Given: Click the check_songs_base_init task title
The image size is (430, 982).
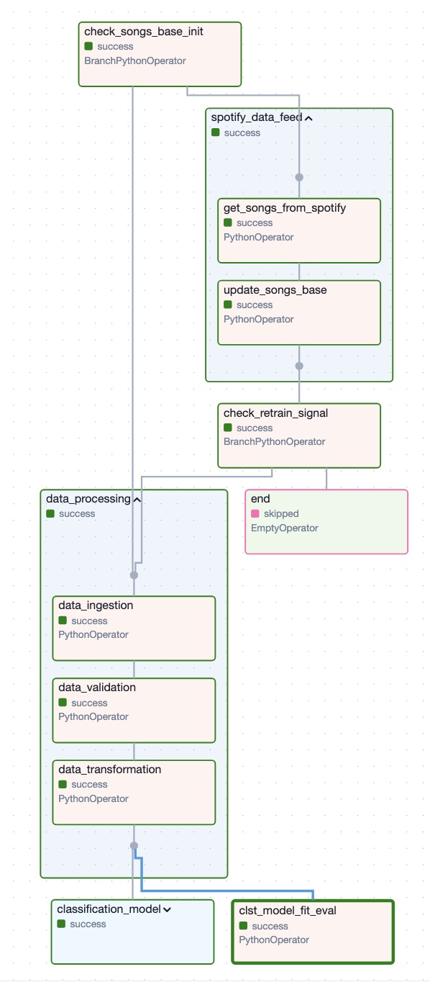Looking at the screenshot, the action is (144, 32).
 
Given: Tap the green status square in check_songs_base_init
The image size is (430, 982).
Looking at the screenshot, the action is (88, 46).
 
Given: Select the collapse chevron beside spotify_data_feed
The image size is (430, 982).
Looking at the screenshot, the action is (308, 118).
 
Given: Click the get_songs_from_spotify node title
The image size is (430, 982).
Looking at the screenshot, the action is (285, 208).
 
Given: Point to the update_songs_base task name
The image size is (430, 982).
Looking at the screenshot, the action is (275, 290).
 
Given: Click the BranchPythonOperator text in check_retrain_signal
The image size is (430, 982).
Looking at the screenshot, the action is (274, 442).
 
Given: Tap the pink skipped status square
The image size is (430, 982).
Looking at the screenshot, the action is (255, 513).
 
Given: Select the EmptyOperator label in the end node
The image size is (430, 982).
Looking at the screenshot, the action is (284, 528).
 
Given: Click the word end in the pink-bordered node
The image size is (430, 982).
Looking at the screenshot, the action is (260, 499).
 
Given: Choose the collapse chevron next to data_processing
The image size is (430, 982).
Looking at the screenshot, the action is (137, 500).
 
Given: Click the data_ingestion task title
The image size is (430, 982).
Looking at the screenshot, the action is (96, 605).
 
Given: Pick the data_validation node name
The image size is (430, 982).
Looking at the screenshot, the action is (97, 688).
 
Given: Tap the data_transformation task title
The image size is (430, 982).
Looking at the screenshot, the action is (109, 770).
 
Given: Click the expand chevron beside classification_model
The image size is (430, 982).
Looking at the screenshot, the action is (167, 910).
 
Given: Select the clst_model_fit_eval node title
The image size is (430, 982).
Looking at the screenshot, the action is (287, 911).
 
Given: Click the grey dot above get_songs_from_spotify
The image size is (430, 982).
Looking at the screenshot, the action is (299, 177).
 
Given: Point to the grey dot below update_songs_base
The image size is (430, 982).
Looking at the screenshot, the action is (299, 366).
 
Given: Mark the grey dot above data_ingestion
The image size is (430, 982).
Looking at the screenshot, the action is (134, 575).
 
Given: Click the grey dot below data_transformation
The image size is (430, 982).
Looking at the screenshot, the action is (134, 846).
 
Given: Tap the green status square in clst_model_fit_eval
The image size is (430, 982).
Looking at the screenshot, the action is (243, 926).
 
